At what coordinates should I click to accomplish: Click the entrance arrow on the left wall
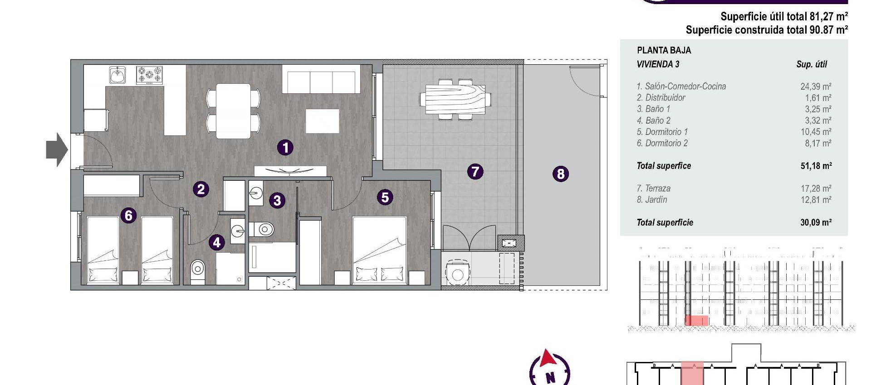pyautogui.click(x=57, y=149)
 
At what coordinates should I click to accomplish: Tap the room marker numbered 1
pyautogui.click(x=285, y=147)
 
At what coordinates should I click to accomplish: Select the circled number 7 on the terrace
pyautogui.click(x=475, y=172)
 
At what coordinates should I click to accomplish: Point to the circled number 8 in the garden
pyautogui.click(x=561, y=174)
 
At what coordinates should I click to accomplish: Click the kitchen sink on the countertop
pyautogui.click(x=117, y=75)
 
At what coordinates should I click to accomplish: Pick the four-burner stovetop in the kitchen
pyautogui.click(x=150, y=75)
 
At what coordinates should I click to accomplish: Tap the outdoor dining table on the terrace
pyautogui.click(x=455, y=99)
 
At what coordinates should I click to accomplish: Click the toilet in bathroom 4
pyautogui.click(x=197, y=270)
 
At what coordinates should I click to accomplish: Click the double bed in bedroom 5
pyautogui.click(x=379, y=250)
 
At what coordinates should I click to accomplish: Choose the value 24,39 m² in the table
pyautogui.click(x=816, y=87)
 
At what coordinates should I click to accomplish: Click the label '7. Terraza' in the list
pyautogui.click(x=653, y=188)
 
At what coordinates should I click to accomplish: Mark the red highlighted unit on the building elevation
pyautogui.click(x=696, y=321)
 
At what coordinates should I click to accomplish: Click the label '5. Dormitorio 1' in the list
pyautogui.click(x=662, y=132)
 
